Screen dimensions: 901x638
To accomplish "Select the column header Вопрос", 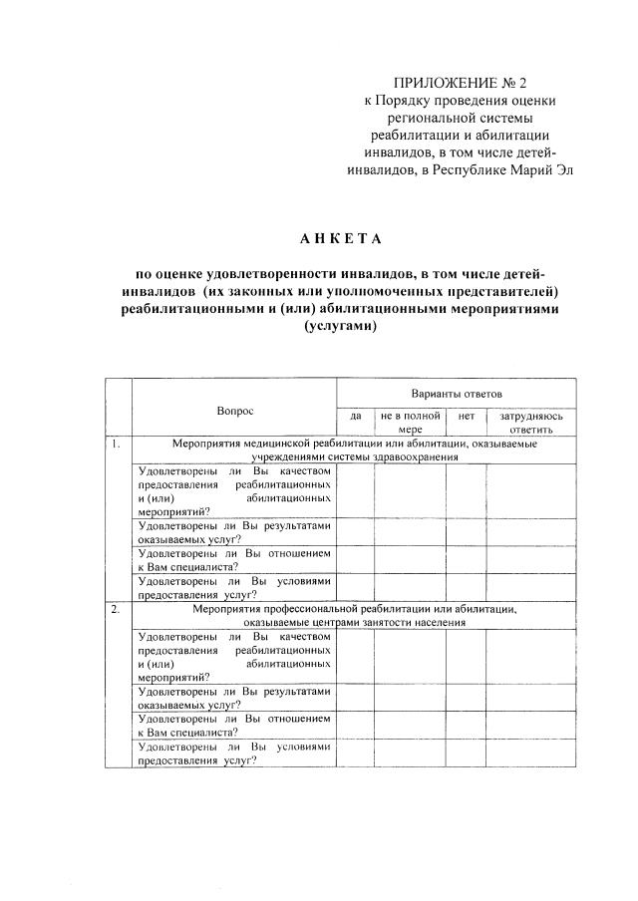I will [235, 411].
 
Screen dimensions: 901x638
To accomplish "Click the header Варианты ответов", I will [456, 395].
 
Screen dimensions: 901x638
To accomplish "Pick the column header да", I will [355, 415].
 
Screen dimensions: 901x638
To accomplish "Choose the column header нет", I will [466, 415].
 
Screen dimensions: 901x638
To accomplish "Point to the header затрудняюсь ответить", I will [531, 422].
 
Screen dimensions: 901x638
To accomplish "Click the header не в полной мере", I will [410, 422].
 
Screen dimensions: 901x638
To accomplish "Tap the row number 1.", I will [117, 444].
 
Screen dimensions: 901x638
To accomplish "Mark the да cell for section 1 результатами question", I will [355, 531].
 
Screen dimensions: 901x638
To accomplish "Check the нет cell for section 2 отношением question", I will [466, 725].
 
